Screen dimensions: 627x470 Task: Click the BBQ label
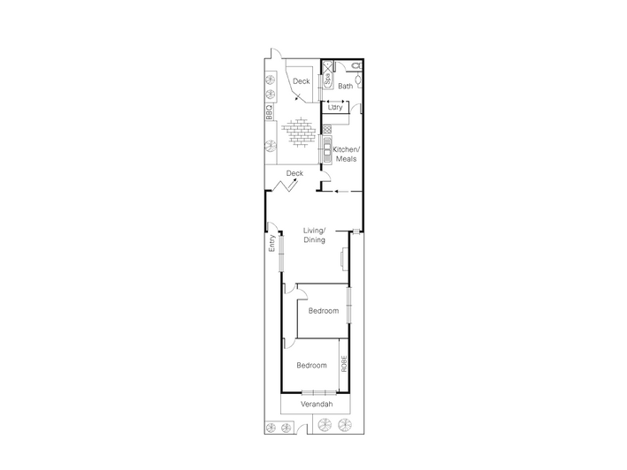pos(269,112)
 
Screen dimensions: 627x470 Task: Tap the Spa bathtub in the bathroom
pos(327,80)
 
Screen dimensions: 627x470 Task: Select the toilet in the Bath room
pos(357,65)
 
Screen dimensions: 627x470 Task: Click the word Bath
pos(346,86)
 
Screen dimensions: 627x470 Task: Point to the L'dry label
pos(335,108)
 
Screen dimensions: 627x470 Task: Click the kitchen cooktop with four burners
pos(327,129)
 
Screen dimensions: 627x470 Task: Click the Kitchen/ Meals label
pos(347,154)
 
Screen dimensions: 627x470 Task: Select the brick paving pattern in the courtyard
pos(297,133)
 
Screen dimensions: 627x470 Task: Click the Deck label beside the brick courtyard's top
pos(301,81)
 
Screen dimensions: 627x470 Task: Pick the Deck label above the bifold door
pos(294,173)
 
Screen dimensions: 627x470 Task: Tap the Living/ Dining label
pos(314,235)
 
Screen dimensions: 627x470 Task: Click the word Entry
pos(271,243)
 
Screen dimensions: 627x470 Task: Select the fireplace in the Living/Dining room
pos(343,258)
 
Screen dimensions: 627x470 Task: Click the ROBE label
pos(344,364)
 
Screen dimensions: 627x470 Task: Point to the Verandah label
pos(317,404)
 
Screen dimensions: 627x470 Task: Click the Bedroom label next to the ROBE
pos(311,365)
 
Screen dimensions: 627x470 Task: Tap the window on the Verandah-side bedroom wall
pos(318,392)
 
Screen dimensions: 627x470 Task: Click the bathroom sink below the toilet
pos(359,80)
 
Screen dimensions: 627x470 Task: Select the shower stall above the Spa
pos(328,66)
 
